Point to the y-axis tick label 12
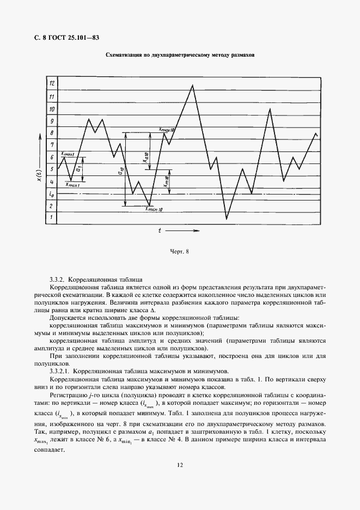[x=52, y=84]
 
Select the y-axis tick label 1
[x=52, y=218]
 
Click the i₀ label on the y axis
[x=51, y=193]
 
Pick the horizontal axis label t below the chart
[x=160, y=230]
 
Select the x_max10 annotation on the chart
[x=166, y=130]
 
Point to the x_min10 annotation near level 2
[x=155, y=210]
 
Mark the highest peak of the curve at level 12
[x=192, y=85]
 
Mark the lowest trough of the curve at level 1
[x=227, y=219]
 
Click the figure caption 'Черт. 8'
[x=180, y=251]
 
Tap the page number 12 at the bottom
[x=180, y=465]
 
